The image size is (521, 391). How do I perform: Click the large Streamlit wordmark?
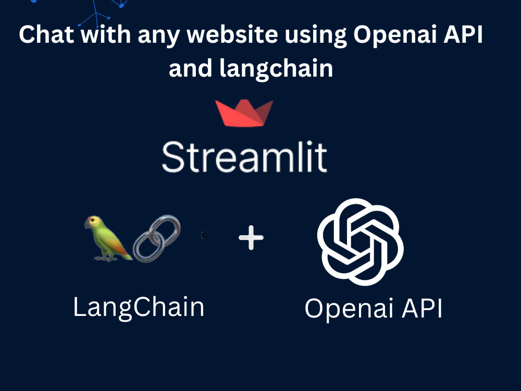[244, 156]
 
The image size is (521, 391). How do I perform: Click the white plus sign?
[251, 238]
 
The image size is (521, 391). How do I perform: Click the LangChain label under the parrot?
[139, 307]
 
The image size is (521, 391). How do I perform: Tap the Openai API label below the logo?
[374, 309]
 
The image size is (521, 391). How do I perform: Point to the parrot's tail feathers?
[125, 253]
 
